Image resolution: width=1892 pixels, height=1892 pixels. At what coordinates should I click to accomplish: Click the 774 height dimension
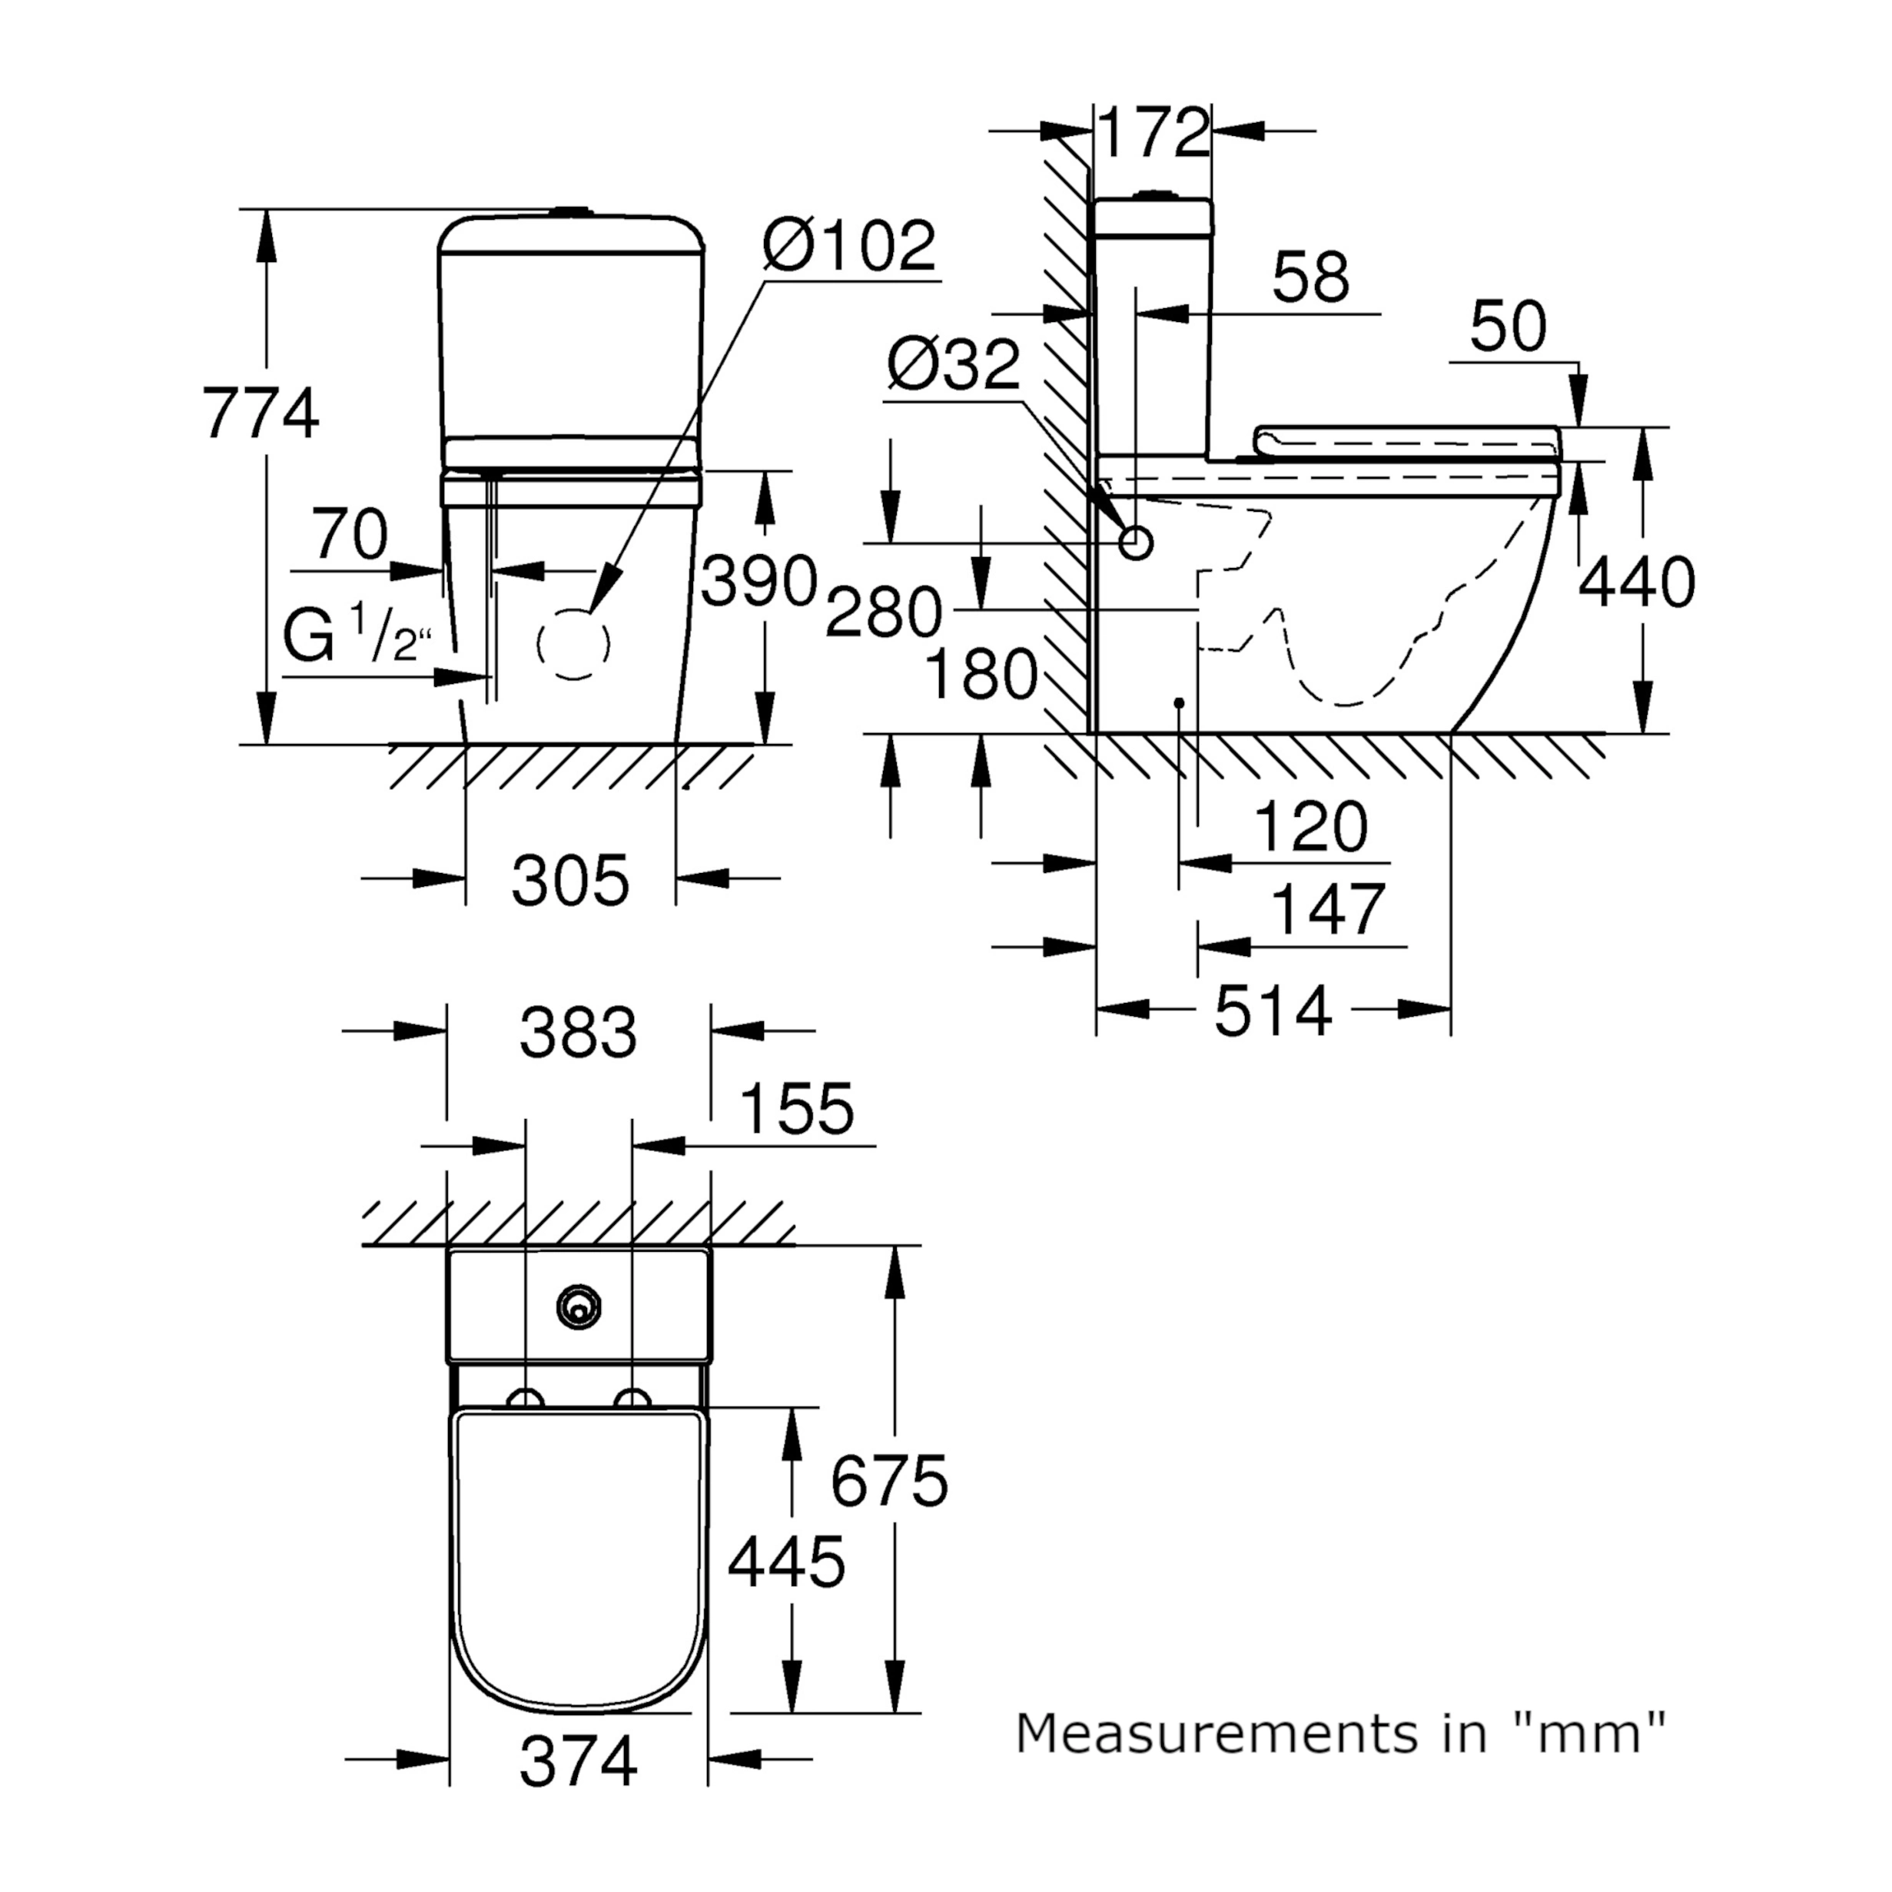[x=261, y=414]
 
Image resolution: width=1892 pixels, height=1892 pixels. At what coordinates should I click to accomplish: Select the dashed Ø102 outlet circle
[x=574, y=645]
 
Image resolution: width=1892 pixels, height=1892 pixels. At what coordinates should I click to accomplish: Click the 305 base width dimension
[x=570, y=881]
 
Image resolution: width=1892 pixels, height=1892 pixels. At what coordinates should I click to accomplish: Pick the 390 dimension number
[x=759, y=581]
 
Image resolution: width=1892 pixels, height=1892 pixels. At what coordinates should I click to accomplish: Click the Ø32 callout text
[x=953, y=367]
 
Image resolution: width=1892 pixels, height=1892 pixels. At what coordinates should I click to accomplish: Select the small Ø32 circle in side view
[x=1136, y=542]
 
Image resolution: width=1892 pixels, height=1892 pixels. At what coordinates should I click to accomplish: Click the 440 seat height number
[x=1636, y=583]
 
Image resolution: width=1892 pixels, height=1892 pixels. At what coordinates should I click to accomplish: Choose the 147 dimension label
[x=1328, y=909]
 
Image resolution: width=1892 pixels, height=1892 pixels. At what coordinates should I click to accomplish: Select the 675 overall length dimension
[x=889, y=1481]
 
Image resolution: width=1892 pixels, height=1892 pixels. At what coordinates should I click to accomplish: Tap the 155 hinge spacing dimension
[x=796, y=1109]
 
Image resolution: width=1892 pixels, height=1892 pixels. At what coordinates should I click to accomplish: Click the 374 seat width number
[x=578, y=1788]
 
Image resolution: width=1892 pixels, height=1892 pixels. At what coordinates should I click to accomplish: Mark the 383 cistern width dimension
[x=578, y=1032]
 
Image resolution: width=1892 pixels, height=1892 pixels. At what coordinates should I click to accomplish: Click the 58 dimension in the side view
[x=1310, y=277]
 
